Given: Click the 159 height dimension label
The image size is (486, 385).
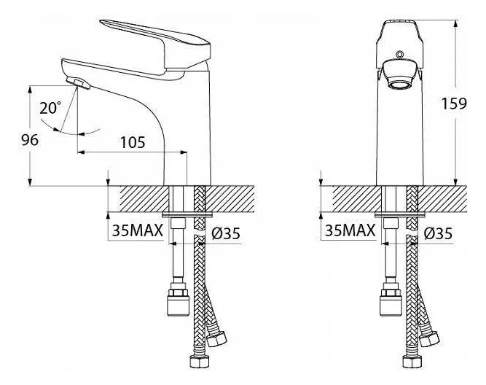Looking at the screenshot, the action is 454,104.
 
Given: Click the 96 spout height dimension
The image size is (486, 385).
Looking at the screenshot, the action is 30,140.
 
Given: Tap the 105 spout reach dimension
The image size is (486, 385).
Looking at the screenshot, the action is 133,142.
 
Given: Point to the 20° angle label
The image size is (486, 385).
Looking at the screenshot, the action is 50,108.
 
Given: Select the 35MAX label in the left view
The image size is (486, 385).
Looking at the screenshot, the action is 137,230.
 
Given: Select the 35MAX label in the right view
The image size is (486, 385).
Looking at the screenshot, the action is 350,230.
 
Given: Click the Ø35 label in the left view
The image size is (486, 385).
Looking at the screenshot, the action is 226,233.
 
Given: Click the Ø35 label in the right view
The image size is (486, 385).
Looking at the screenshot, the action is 438,233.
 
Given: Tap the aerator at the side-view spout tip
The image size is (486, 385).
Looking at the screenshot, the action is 78,83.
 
